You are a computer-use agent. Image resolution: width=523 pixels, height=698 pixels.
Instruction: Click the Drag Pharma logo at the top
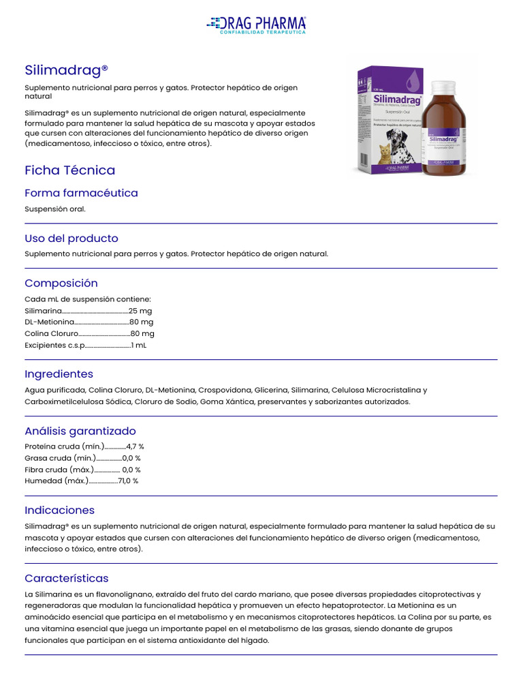tap(256, 25)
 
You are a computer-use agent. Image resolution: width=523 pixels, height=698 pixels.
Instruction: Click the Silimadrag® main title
tap(66, 70)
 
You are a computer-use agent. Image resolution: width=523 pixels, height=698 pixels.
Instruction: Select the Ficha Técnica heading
tap(69, 170)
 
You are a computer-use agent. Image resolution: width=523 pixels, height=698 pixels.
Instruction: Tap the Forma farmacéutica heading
tap(81, 193)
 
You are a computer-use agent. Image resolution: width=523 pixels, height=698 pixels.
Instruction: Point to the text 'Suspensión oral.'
tap(55, 209)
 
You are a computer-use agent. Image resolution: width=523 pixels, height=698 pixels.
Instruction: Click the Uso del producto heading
tap(72, 239)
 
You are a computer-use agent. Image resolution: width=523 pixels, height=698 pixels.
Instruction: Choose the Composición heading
tap(61, 283)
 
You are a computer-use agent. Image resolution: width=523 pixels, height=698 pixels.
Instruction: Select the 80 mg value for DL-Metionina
tap(142, 322)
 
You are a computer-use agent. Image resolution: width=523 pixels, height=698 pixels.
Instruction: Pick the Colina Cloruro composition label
tap(52, 334)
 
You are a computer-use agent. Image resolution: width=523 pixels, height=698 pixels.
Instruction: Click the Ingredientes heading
tap(59, 374)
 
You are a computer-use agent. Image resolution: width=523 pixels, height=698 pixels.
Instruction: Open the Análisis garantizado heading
tap(80, 431)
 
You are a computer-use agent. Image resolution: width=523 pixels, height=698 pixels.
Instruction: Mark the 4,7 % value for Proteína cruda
tap(135, 446)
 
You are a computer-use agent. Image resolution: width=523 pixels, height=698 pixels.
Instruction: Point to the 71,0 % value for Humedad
tap(128, 481)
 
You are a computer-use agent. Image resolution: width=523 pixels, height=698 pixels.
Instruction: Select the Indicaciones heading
tap(59, 511)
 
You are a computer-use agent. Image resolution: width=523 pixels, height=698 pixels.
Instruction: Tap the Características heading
tap(67, 579)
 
